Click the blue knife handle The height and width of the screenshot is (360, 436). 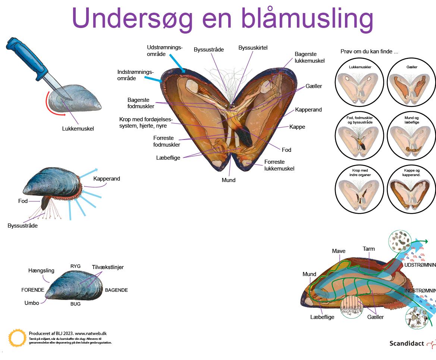tap(22, 54)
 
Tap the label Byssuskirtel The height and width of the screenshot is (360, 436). tap(253, 48)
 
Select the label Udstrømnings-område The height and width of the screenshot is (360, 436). tap(164, 51)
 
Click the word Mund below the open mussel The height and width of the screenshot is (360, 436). tap(229, 180)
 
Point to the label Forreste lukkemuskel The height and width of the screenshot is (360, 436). tap(279, 165)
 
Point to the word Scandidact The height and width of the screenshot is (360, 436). tap(407, 343)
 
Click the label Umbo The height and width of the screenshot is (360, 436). tap(32, 303)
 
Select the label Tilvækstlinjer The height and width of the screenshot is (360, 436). tap(108, 267)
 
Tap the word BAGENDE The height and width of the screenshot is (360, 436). tap(116, 290)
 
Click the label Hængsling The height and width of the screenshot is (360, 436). tap(41, 270)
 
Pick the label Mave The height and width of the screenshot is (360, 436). tap(339, 251)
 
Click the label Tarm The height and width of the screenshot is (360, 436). tap(368, 249)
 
